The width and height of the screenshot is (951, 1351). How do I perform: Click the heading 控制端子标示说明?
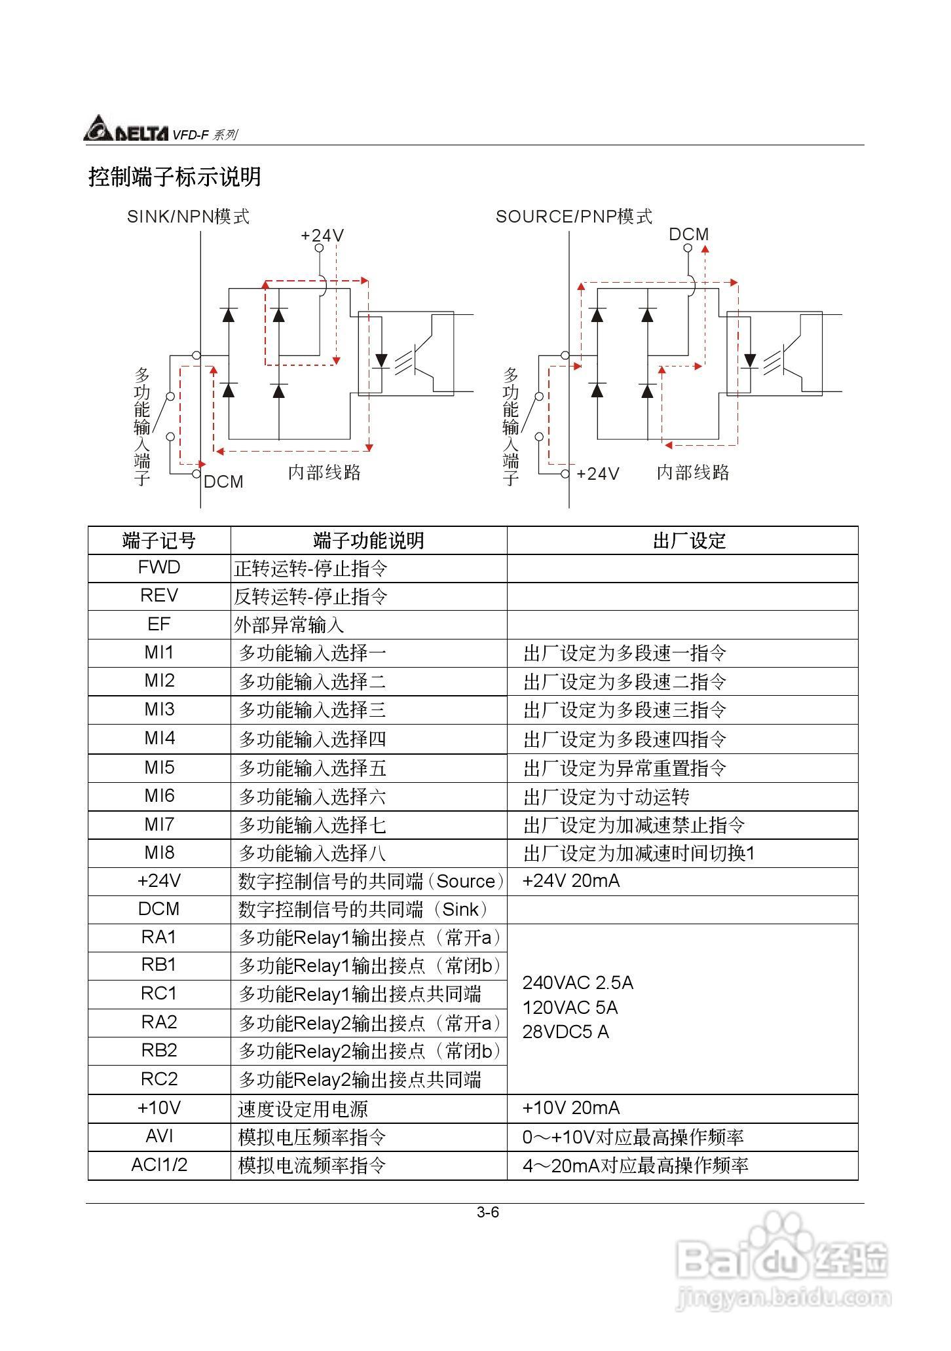(x=175, y=177)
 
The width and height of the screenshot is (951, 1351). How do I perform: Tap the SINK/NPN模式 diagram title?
(x=188, y=217)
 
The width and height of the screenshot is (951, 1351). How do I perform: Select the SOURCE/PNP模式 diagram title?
(x=574, y=217)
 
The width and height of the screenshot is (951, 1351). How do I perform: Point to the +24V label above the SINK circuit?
(x=322, y=236)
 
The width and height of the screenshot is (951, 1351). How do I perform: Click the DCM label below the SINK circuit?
(x=223, y=482)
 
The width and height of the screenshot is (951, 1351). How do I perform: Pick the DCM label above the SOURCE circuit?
(x=688, y=234)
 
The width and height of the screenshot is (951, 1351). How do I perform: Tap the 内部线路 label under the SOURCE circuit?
(x=693, y=473)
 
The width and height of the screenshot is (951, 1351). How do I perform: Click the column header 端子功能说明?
(x=368, y=541)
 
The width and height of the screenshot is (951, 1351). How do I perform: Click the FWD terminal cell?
(x=159, y=567)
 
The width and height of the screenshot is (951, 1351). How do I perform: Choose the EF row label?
(x=159, y=624)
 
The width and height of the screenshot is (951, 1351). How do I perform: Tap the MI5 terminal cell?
(x=159, y=767)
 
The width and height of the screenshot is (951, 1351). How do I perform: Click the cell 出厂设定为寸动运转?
(x=606, y=797)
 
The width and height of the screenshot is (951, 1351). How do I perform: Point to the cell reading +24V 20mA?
(x=570, y=881)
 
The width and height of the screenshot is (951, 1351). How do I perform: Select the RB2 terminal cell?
(x=159, y=1051)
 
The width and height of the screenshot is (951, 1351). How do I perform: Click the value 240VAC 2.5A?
(x=578, y=983)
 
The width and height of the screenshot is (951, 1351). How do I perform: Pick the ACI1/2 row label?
(x=159, y=1165)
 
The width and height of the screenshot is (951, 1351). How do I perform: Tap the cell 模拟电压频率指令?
(x=312, y=1137)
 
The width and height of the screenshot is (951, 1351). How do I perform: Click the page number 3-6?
(x=488, y=1212)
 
